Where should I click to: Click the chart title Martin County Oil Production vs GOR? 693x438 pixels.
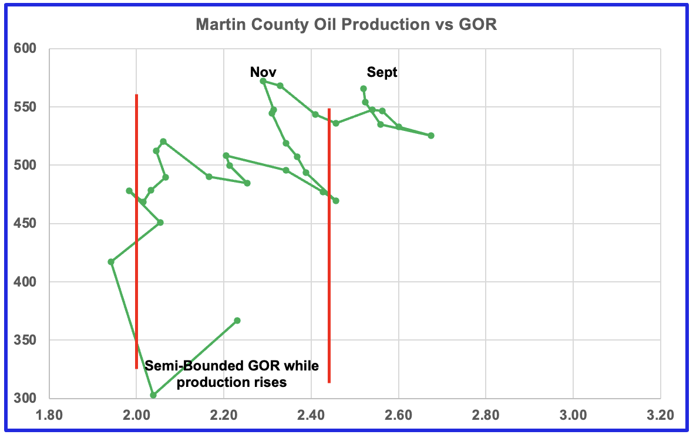point(346,25)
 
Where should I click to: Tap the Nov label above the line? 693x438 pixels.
point(263,72)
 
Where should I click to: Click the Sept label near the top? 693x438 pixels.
point(382,72)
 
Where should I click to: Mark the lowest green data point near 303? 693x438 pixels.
point(153,395)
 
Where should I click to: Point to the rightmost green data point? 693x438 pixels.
point(431,136)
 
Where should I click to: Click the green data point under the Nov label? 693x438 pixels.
point(263,81)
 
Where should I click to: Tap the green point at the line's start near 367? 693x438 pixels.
point(237,321)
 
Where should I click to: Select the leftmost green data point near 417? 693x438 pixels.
point(111,262)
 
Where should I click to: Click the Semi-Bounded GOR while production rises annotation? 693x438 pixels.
point(231,374)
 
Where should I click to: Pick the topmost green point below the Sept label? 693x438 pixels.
point(364,89)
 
